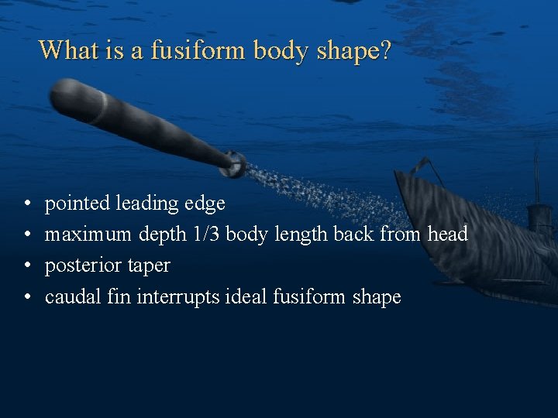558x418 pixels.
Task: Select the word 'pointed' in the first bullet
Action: tap(77, 204)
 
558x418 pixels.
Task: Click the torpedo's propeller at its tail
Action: tap(234, 163)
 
